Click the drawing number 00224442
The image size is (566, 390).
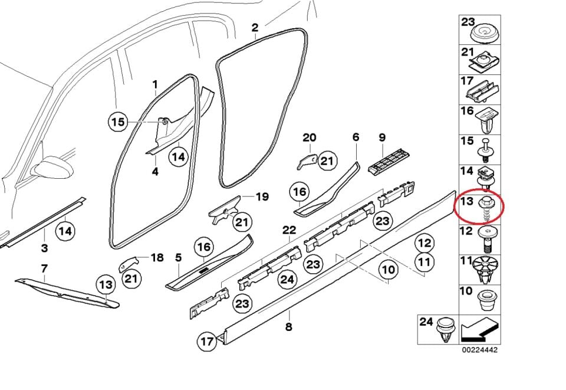point(480,350)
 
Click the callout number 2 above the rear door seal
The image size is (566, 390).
point(255,28)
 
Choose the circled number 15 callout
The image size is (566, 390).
point(119,122)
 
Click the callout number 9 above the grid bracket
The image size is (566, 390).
point(382,137)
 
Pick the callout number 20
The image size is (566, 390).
point(309,137)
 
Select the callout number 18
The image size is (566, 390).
point(157,257)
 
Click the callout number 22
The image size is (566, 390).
point(289,230)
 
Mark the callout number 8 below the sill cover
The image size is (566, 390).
point(288,326)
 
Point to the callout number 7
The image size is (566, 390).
point(44,268)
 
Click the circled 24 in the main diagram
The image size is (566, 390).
point(287,280)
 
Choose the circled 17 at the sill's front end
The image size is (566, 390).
point(206,341)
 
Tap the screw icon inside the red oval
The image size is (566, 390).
point(487,208)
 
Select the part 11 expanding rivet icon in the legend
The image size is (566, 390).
point(486,269)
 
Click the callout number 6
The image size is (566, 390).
point(356,137)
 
